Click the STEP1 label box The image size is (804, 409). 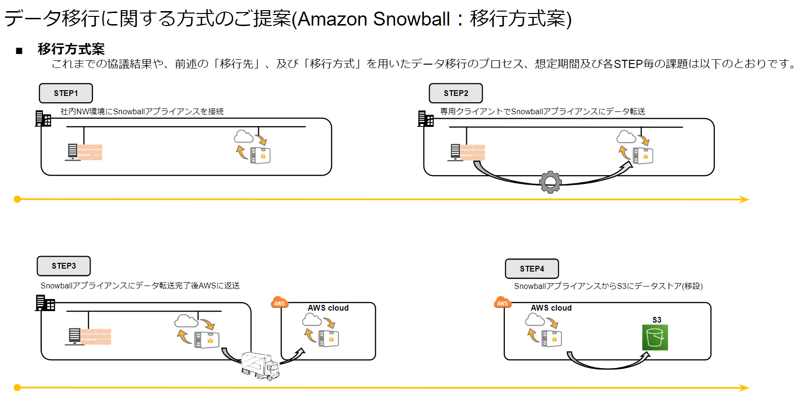point(66,93)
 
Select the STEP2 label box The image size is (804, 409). point(455,93)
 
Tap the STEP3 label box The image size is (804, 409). point(64,266)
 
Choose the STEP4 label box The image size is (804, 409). point(532,269)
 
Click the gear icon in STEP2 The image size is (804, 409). point(550,182)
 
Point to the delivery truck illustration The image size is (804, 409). point(260,366)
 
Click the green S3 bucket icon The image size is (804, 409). point(655,337)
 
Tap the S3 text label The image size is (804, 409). point(657,320)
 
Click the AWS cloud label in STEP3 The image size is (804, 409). point(328,308)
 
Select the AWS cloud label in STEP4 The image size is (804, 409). point(551,308)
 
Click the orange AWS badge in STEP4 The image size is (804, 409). point(502,302)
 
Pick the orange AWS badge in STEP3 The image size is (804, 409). point(279,302)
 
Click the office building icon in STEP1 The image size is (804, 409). point(43,119)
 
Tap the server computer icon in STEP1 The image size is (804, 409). point(73,152)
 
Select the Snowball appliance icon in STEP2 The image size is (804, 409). point(643,156)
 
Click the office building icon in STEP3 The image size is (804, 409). point(45,303)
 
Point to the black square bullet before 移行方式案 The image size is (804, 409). point(19,51)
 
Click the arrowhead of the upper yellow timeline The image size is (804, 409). point(744,199)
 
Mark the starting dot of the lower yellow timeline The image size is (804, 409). point(17,387)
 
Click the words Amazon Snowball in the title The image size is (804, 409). point(374,19)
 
